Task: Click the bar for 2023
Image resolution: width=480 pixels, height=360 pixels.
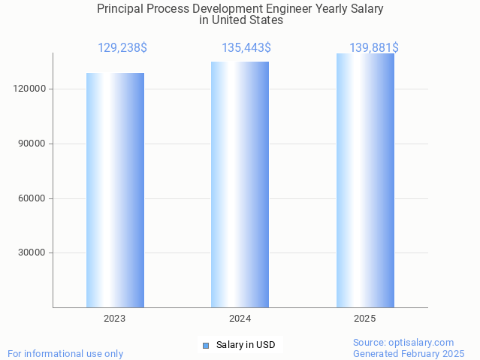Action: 115,190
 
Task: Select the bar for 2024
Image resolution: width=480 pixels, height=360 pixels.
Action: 240,185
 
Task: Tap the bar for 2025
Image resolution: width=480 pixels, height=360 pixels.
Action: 365,180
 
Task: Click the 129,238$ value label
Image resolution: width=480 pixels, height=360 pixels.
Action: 122,47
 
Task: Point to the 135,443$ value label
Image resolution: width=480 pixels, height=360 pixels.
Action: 246,47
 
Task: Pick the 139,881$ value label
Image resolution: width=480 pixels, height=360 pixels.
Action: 374,47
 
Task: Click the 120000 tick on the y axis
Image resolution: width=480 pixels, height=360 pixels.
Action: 32,89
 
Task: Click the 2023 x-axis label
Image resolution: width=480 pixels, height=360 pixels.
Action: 115,319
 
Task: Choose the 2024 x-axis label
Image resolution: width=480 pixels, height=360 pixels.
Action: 240,319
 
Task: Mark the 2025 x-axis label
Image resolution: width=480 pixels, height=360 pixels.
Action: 365,319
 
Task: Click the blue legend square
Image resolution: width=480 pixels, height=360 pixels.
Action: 205,345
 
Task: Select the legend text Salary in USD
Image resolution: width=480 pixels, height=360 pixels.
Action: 246,345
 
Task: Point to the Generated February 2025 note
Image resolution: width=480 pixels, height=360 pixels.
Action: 409,353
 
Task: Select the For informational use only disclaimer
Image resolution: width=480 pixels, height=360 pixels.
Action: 65,353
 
